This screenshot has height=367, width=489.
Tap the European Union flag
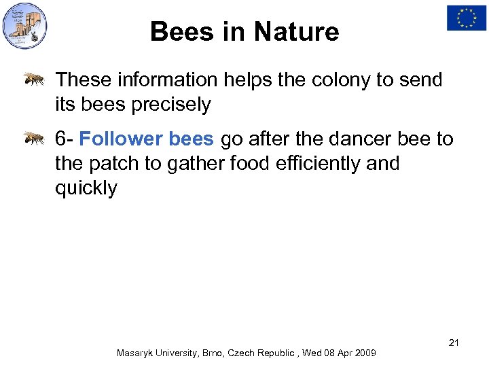[466, 18]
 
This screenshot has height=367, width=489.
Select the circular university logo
[25, 26]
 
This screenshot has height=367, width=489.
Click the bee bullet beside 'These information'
[34, 80]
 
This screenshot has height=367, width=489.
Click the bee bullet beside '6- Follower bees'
[34, 139]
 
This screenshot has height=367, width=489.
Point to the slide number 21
[454, 342]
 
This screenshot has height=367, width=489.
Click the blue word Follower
[121, 139]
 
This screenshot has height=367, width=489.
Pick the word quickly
[86, 188]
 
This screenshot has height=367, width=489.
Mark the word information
[166, 80]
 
